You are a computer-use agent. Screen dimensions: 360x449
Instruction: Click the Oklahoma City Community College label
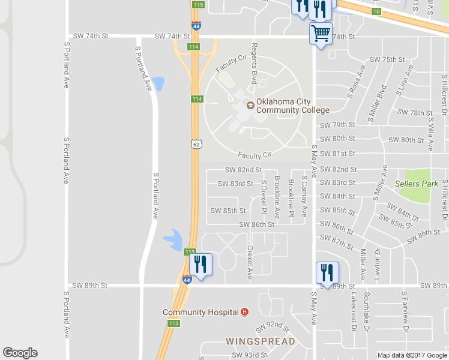coord(292,106)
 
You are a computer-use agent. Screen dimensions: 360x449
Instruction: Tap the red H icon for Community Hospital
coord(244,312)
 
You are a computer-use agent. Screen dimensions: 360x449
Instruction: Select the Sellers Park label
coord(417,184)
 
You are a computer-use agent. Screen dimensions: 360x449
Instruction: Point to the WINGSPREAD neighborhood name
coord(261,341)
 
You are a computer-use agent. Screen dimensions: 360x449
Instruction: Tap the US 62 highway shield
coord(196,144)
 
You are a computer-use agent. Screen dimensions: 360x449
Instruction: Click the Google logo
coord(20,353)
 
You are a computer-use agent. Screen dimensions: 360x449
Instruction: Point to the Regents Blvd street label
coord(255,64)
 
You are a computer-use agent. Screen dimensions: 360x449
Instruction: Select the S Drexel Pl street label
coord(264,197)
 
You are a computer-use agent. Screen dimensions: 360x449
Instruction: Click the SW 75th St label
coord(388,59)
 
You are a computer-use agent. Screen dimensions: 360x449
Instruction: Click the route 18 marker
coord(376,11)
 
